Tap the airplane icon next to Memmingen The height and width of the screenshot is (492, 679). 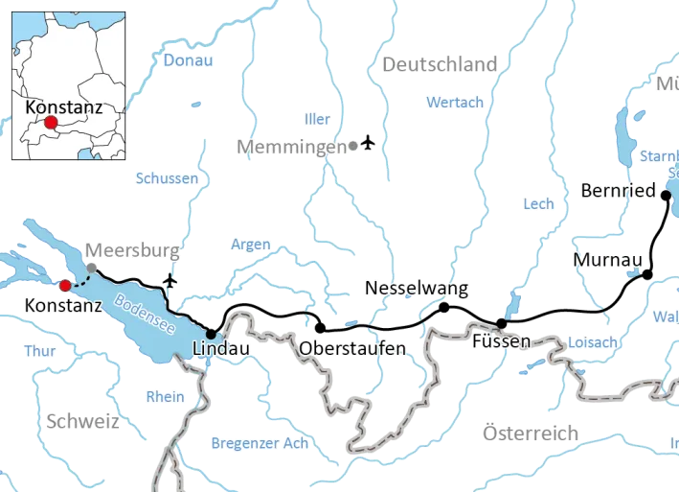(x=371, y=145)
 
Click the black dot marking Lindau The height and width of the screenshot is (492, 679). (x=211, y=334)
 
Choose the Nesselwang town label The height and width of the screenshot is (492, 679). (x=417, y=288)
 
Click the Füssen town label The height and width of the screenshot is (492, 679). (x=501, y=340)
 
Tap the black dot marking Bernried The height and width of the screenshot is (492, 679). (x=666, y=193)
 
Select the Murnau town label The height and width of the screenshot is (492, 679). (x=606, y=261)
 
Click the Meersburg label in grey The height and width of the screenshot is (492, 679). (x=132, y=251)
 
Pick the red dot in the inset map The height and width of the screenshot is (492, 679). (x=51, y=123)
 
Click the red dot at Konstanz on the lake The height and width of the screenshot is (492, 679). (x=65, y=285)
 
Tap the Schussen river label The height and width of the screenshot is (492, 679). (x=167, y=178)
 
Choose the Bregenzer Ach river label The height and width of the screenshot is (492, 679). (x=259, y=443)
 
